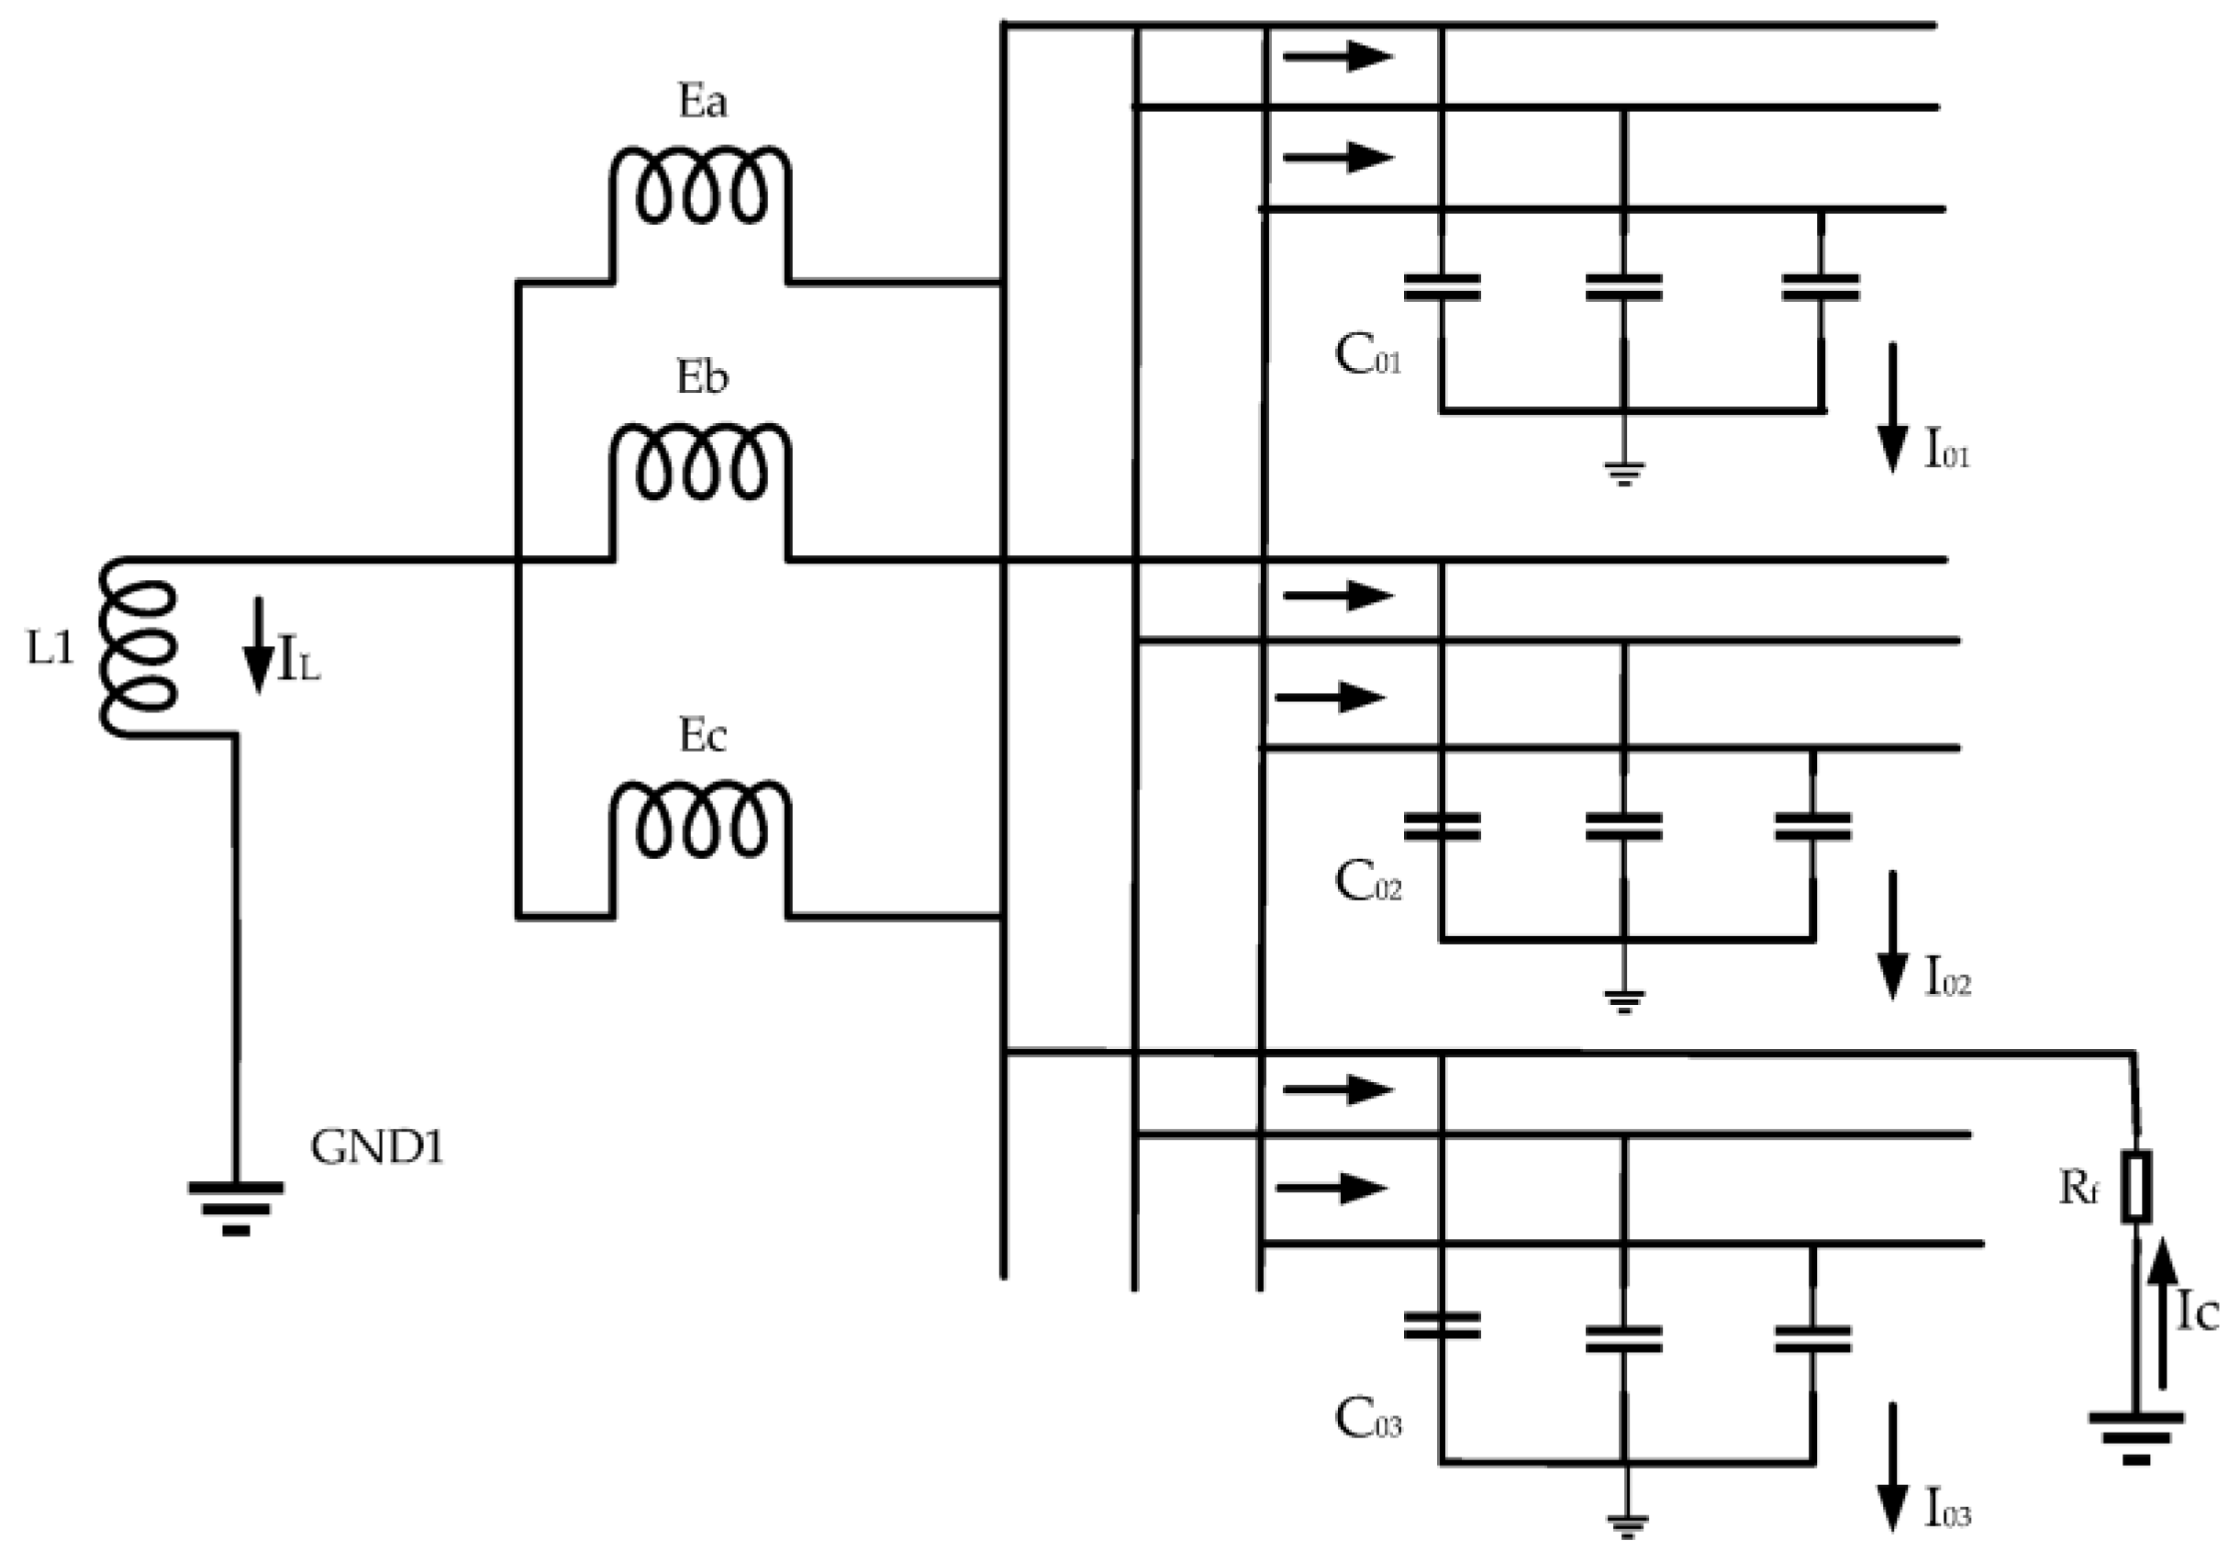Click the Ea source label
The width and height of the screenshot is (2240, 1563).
click(x=701, y=103)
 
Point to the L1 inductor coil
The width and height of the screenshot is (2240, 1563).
click(x=139, y=648)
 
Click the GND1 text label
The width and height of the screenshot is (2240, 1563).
click(x=376, y=1148)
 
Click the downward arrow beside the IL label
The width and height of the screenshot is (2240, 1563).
click(x=259, y=645)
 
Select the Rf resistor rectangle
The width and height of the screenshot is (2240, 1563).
click(x=2136, y=1188)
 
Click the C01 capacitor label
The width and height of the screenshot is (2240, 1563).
click(x=1366, y=356)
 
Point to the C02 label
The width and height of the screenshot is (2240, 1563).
click(x=1366, y=883)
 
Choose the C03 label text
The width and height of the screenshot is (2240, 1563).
click(x=1366, y=1421)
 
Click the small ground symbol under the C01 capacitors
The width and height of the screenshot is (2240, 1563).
click(x=1622, y=474)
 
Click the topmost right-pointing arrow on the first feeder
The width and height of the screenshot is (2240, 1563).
click(x=1338, y=57)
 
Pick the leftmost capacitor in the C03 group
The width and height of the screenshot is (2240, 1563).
click(x=1442, y=1325)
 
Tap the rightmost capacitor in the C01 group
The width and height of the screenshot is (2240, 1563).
click(x=1821, y=287)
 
